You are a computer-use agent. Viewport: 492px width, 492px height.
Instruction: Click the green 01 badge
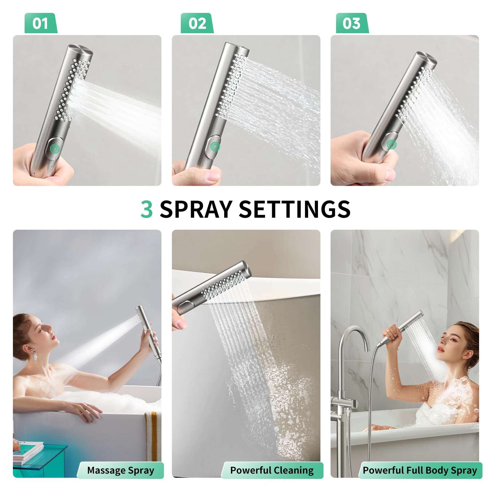point(41,23)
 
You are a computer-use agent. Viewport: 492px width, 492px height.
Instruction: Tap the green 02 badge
point(197,23)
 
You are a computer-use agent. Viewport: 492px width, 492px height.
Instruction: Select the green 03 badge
point(352,23)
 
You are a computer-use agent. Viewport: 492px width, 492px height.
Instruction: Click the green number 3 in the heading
point(147,209)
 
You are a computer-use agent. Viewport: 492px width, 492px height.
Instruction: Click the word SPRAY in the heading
point(196,209)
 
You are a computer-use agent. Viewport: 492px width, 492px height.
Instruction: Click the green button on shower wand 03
point(391,144)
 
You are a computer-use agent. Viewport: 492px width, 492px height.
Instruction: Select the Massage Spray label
point(121,470)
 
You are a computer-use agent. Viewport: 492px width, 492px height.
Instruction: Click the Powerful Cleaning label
point(272,470)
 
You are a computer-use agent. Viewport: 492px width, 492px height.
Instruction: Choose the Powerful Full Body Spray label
point(420,470)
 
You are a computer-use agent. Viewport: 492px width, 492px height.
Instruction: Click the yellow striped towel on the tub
point(151,434)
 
